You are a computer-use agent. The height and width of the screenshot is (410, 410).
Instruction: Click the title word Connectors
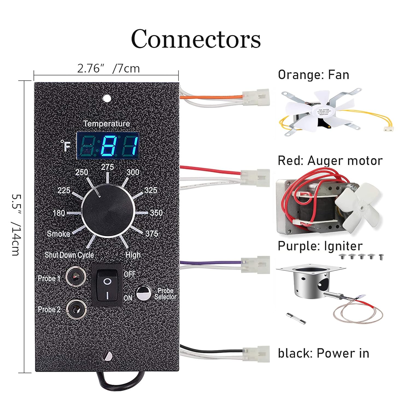point(196,39)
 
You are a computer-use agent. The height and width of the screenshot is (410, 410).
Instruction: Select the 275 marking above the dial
point(107,167)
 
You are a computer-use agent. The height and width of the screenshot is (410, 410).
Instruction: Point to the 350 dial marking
point(156,213)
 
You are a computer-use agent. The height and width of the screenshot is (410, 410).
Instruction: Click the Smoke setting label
point(58,234)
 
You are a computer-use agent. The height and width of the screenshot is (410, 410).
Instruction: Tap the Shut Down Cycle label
point(69,255)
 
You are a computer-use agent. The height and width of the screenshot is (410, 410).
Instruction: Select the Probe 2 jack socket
point(76,309)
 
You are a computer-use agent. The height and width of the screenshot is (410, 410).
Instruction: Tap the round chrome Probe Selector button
point(143,293)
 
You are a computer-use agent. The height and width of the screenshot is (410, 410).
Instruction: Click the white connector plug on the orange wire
point(256,97)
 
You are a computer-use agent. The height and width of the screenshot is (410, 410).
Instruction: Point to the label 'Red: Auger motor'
point(330,161)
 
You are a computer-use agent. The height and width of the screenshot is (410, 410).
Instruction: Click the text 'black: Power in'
point(323,353)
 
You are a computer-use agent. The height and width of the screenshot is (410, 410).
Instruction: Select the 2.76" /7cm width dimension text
point(108,68)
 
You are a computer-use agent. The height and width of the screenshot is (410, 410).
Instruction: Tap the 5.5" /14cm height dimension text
point(16,225)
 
